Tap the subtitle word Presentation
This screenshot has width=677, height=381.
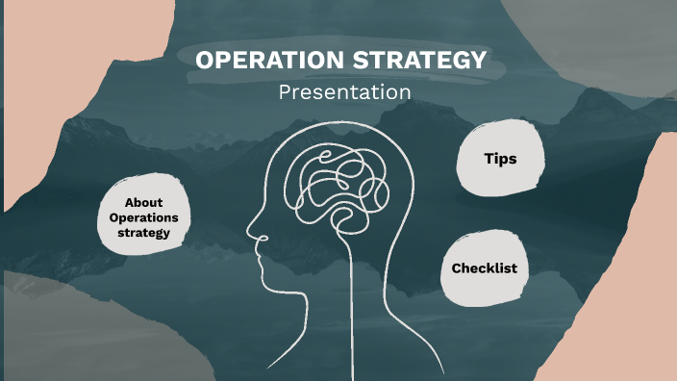point(344,92)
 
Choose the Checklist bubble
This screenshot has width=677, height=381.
point(484,268)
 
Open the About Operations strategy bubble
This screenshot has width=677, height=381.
point(144,217)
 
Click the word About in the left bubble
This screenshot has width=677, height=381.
point(144,203)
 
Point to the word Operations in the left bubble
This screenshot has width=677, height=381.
point(144,217)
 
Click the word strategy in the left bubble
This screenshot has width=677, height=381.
point(144,232)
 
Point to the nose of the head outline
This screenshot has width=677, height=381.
point(252,232)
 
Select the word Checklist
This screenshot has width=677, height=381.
point(484,268)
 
